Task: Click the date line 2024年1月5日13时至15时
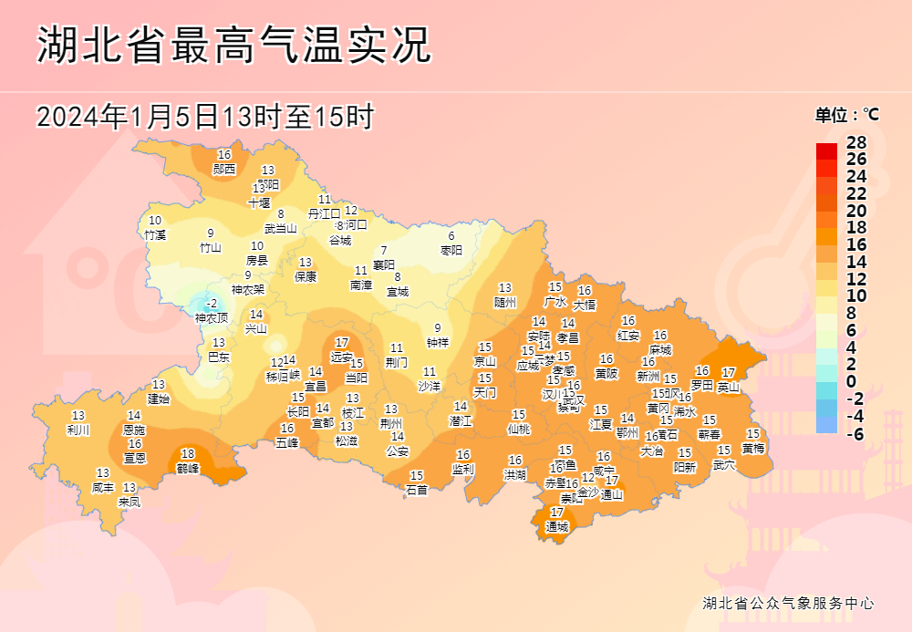(x=205, y=117)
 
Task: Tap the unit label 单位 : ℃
(x=847, y=115)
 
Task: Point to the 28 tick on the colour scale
(x=856, y=142)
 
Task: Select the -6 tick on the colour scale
(x=855, y=434)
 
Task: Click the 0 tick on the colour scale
(x=851, y=381)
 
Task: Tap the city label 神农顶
(x=212, y=318)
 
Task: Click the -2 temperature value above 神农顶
(x=212, y=304)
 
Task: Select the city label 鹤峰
(x=188, y=468)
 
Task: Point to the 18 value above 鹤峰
(x=188, y=454)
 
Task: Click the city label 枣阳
(x=451, y=250)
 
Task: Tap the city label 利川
(x=78, y=430)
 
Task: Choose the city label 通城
(x=556, y=526)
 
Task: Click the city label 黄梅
(x=753, y=448)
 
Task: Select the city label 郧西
(x=224, y=169)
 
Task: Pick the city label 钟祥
(x=438, y=343)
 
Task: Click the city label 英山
(x=729, y=387)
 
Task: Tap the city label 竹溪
(x=155, y=234)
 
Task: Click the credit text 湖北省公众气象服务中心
(x=789, y=604)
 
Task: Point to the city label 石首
(x=417, y=490)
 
